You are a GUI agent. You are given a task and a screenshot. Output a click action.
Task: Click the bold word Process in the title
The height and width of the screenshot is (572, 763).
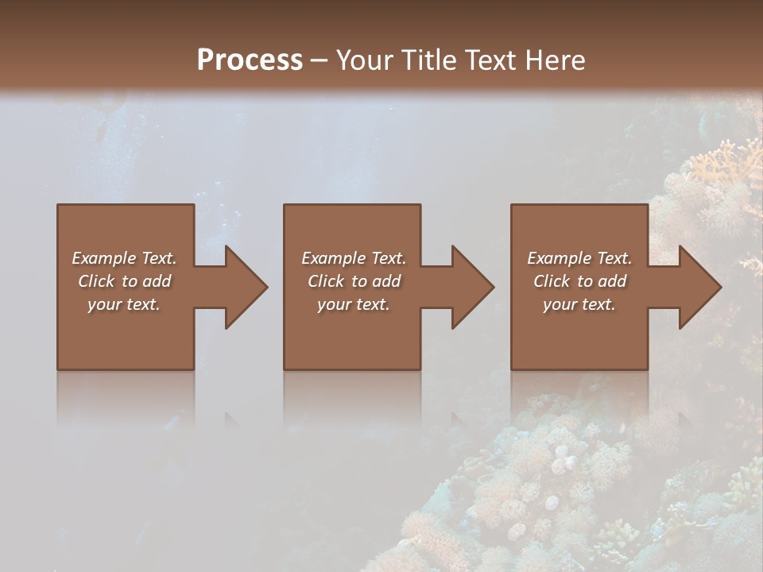click(x=250, y=60)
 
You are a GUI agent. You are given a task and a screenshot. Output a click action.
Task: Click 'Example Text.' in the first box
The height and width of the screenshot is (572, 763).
click(x=124, y=258)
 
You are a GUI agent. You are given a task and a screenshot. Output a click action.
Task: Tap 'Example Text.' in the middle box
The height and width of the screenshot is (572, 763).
click(x=354, y=258)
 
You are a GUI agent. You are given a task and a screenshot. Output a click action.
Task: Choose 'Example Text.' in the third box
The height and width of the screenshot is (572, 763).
click(x=579, y=258)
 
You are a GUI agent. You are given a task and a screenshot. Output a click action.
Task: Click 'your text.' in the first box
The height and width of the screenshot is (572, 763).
click(x=124, y=304)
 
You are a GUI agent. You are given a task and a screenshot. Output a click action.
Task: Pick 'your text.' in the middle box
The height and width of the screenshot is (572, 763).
click(x=354, y=304)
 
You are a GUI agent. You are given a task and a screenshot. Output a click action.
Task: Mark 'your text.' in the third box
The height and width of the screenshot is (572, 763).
click(x=579, y=304)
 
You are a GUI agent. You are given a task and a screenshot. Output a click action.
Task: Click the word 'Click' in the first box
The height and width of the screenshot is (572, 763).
click(x=96, y=281)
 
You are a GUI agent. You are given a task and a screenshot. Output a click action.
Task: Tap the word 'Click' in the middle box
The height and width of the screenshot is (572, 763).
click(x=326, y=281)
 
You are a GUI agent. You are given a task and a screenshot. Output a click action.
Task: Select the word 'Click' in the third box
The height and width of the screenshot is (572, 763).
click(x=552, y=281)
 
